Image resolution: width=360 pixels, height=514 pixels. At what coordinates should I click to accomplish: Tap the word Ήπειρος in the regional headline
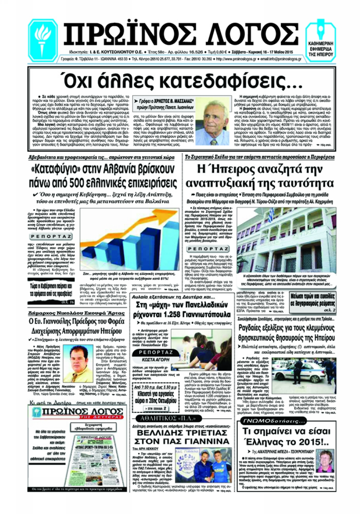(x=232, y=169)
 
